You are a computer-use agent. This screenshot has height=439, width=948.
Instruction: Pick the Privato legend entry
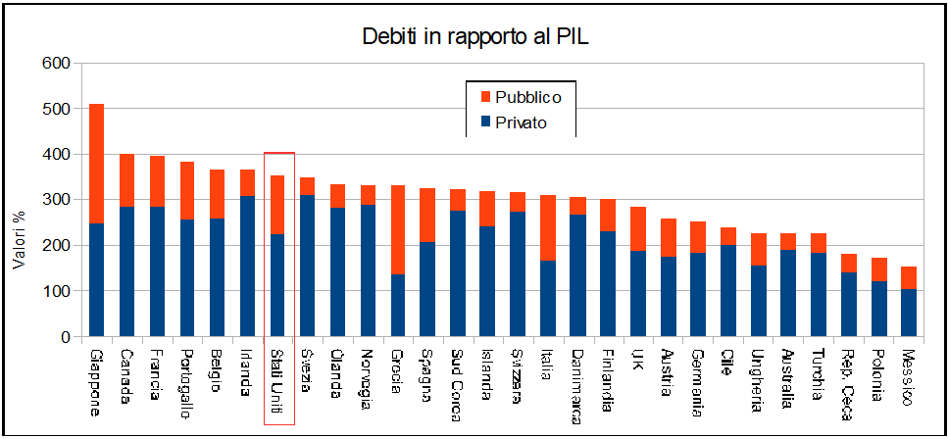tap(521, 123)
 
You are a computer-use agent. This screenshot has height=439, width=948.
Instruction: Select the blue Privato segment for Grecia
tap(398, 305)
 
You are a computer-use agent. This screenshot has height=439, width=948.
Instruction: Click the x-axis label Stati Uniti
tap(277, 381)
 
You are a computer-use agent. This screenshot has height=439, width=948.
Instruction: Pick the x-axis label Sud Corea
tap(458, 382)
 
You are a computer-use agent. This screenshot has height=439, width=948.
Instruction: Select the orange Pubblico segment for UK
tap(638, 228)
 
